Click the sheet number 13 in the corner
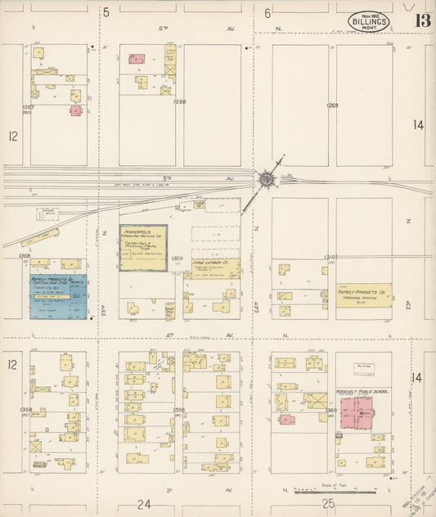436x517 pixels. tap(418, 20)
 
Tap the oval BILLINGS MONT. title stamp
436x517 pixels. tap(369, 21)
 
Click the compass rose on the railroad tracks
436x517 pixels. tap(267, 178)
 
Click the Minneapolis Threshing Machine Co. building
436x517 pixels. tap(143, 247)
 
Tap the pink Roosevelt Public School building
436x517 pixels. tap(357, 412)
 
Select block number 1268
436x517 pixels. tap(180, 101)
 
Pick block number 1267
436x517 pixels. tap(29, 107)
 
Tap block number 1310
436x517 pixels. tap(330, 257)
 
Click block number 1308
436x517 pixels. tap(25, 256)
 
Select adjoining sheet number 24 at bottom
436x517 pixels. tap(144, 503)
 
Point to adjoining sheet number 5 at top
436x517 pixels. tap(106, 12)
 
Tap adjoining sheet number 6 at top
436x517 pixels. tap(267, 12)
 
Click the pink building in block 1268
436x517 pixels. tap(137, 59)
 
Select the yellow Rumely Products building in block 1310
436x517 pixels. tap(363, 294)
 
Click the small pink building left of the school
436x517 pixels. tap(286, 420)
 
